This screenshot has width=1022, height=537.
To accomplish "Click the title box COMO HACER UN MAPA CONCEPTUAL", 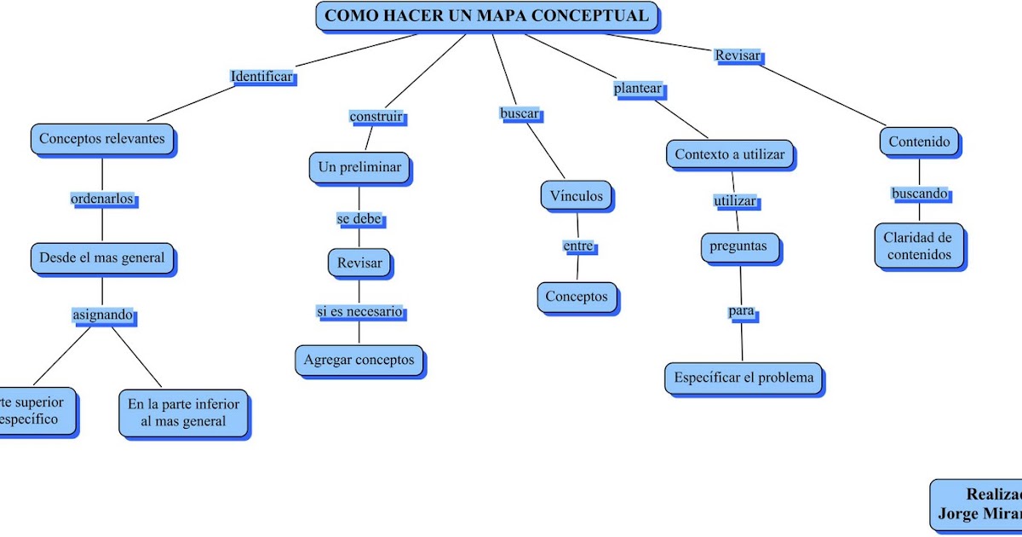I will tap(487, 16).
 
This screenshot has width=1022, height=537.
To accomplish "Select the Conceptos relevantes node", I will tap(103, 139).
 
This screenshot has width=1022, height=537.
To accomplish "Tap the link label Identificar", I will tap(262, 77).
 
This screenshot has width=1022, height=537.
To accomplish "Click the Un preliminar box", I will tap(359, 168).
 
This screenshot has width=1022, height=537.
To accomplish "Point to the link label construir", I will tap(376, 117).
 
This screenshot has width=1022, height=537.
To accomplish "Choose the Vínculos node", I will tap(576, 196).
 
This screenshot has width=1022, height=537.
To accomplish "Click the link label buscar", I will tap(520, 113).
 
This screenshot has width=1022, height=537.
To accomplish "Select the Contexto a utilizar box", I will tap(729, 155).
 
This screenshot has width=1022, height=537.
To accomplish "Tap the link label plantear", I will tap(638, 88).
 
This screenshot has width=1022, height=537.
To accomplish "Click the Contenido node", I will tap(919, 142).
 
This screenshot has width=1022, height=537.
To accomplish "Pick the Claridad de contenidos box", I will tap(917, 246).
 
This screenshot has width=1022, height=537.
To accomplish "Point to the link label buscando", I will tap(920, 193).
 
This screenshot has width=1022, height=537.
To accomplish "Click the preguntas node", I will tap(738, 247).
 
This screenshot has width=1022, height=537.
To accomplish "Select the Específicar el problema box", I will tap(744, 378).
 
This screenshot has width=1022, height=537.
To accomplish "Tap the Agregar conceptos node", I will tap(359, 360).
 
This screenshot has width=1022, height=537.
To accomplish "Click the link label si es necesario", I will tap(359, 312).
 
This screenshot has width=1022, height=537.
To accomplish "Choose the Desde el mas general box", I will tap(102, 257).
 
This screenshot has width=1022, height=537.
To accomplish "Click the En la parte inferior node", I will tap(184, 413).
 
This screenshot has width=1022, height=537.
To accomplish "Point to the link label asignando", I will tap(102, 315).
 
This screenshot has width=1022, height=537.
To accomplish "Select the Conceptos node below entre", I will tap(577, 297).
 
